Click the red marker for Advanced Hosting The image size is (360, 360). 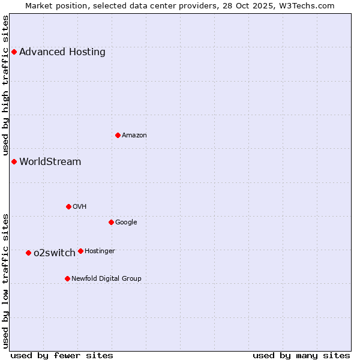[14, 52]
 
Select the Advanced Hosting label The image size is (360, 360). [62, 52]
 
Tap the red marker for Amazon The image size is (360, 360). [118, 135]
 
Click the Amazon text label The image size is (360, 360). [134, 135]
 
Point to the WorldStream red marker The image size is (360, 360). [14, 161]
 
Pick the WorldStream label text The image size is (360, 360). [50, 161]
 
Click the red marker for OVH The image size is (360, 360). [68, 206]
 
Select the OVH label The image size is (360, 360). [80, 206]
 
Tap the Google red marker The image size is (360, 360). [111, 222]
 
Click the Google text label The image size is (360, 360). [126, 222]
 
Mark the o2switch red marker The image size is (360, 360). [28, 253]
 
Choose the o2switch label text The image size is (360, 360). [55, 253]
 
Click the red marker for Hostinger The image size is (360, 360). [80, 251]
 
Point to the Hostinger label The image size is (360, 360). [100, 251]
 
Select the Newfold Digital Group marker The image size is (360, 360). [67, 278]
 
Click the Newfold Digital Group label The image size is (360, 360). [106, 278]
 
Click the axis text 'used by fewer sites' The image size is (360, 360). [62, 355]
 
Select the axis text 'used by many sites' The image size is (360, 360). [301, 355]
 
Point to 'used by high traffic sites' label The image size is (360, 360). [5, 85]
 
